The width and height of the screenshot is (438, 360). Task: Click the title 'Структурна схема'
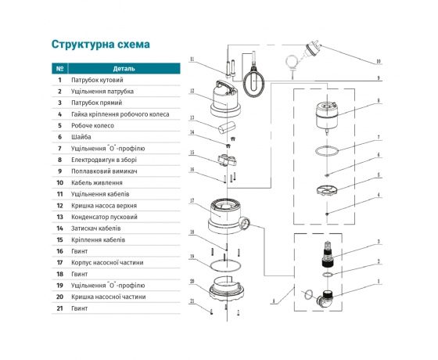100,44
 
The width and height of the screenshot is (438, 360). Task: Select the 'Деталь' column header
124,68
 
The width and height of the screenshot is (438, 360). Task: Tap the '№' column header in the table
59,68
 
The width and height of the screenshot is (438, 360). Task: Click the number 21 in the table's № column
59,308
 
